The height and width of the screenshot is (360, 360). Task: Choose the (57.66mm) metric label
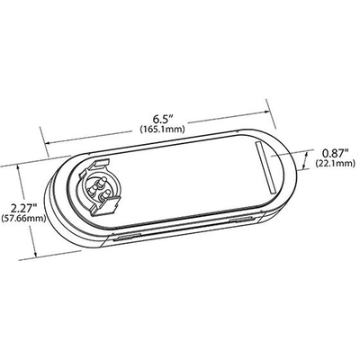[x=25, y=220]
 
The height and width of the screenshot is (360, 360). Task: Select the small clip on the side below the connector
[x=127, y=238]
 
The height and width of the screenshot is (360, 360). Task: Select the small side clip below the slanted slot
[x=240, y=220]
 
